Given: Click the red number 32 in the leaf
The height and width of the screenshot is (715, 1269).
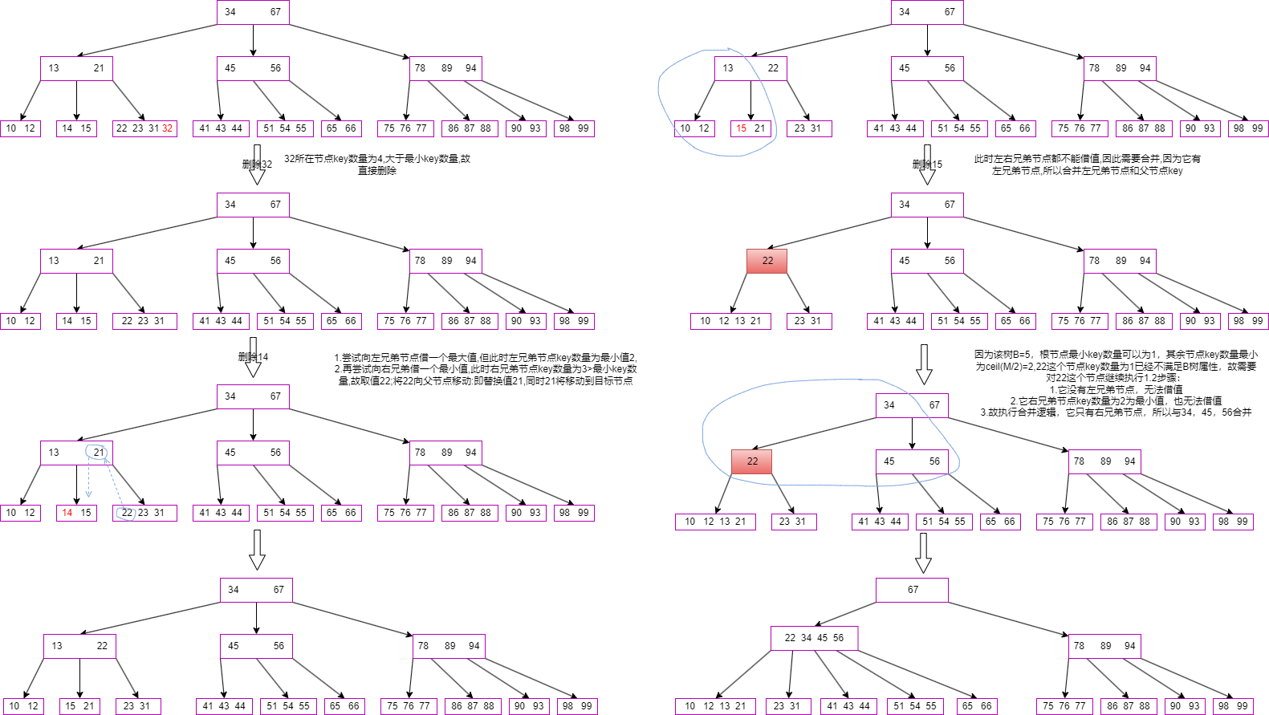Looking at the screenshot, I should point(167,128).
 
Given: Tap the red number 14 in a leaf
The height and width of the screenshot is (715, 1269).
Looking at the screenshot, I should point(67,513).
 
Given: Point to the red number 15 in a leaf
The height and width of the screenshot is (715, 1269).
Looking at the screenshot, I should point(742,128).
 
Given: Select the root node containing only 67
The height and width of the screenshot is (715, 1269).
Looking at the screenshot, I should point(912,590).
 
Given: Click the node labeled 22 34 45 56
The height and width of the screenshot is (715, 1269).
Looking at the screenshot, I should point(814,638).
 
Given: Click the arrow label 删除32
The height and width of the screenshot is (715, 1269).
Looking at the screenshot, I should point(257,165).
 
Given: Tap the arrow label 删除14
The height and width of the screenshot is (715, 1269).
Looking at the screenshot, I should point(253,357).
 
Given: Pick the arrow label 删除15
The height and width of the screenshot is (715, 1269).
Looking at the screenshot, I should point(927,165).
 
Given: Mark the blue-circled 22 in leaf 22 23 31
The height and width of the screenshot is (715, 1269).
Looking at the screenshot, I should point(127,513).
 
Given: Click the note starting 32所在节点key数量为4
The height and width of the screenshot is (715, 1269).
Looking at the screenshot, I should point(377,165).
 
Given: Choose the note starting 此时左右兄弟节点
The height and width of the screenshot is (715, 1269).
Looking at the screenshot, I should point(1087,165).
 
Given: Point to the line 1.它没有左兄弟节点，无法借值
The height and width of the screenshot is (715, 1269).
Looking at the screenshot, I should point(1116,389).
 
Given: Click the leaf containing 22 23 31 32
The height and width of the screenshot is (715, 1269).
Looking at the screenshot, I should point(144,128).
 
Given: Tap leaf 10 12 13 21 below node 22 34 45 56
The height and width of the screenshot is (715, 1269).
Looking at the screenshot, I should point(715,706).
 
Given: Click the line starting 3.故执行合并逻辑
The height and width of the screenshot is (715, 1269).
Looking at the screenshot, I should point(1116,412).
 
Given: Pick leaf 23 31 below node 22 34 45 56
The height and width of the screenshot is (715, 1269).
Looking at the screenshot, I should point(787,706).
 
